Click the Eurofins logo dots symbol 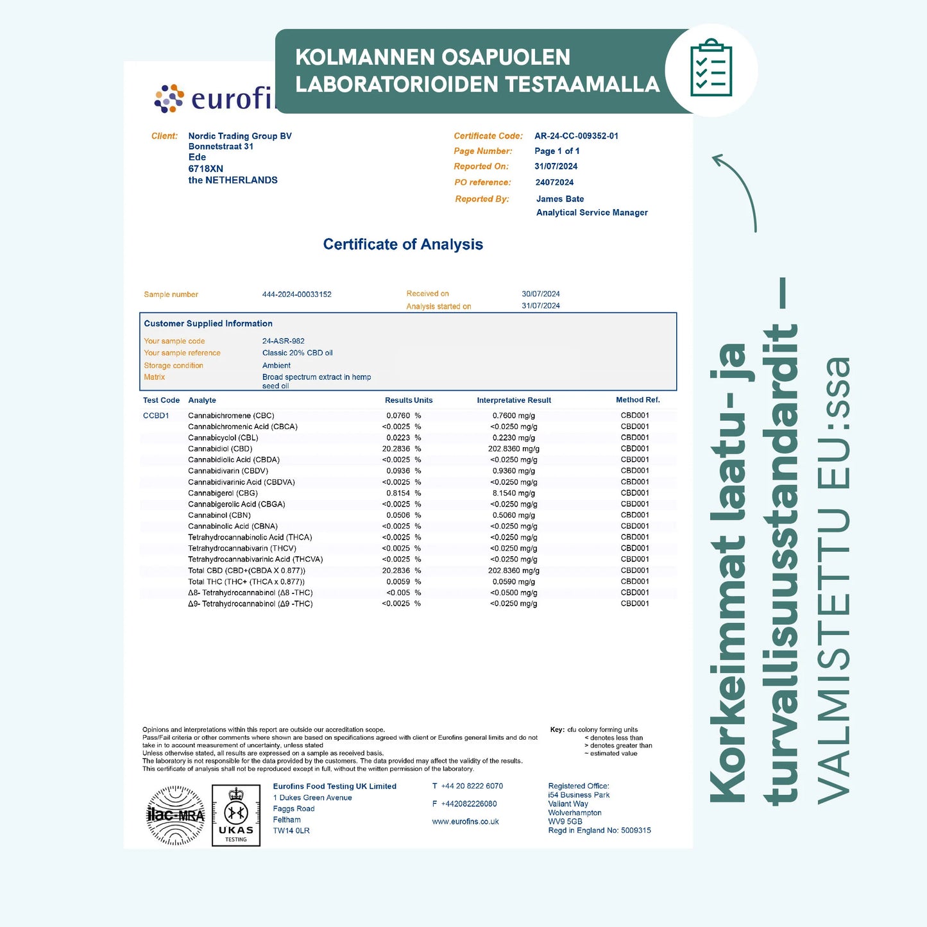(169, 99)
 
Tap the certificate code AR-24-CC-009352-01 (576, 136)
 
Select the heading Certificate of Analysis (403, 244)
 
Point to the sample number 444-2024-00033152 (296, 294)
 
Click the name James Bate (560, 199)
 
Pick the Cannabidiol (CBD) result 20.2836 (396, 449)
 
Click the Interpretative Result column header (514, 400)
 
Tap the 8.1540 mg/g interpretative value (513, 493)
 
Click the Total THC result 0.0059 (398, 582)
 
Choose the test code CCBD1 (156, 416)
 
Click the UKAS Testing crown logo (236, 815)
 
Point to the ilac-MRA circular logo (176, 815)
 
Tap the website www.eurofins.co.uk (465, 822)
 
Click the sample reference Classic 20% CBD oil (297, 353)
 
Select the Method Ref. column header (638, 400)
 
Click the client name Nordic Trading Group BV (240, 136)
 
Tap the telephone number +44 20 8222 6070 (472, 787)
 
